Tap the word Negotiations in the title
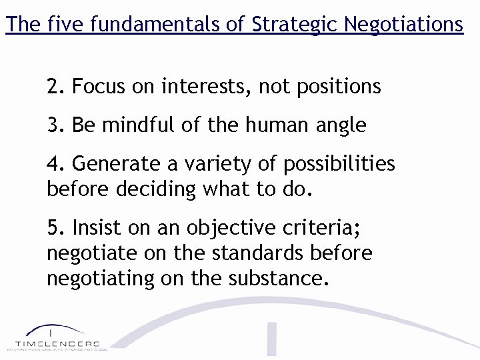pyautogui.click(x=405, y=25)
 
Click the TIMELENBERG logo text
pyautogui.click(x=57, y=343)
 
